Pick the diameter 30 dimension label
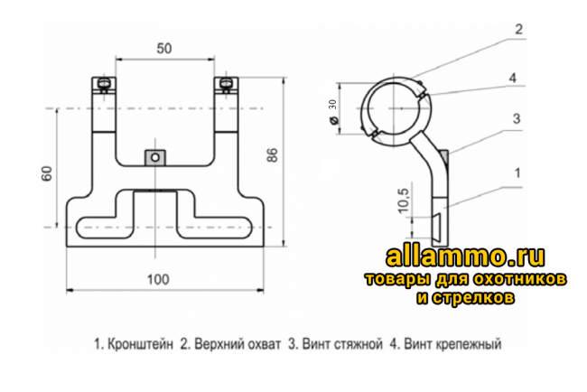coord(332,105)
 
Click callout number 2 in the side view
coord(519,29)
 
